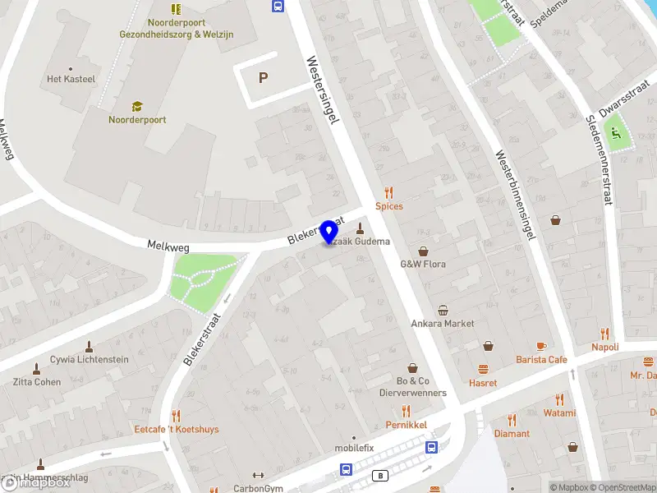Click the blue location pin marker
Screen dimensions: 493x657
tap(330, 232)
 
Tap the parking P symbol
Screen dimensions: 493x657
tap(264, 78)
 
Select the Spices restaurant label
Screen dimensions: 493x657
tap(389, 206)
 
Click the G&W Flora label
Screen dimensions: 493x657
tap(422, 265)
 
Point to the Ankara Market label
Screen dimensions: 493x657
tap(443, 323)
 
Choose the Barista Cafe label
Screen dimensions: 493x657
tap(541, 360)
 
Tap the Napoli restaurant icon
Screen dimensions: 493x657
tap(605, 334)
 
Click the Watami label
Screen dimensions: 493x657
tap(559, 413)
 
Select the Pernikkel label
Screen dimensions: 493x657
tap(405, 425)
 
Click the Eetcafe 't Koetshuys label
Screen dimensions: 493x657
tap(177, 429)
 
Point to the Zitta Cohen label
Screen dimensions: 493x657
tap(36, 381)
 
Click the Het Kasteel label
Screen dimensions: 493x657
tap(71, 79)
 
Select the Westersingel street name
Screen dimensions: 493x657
tap(322, 90)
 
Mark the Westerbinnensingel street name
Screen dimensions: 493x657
tap(516, 195)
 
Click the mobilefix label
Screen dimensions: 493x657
tap(354, 448)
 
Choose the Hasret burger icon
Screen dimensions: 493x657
tap(483, 369)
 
